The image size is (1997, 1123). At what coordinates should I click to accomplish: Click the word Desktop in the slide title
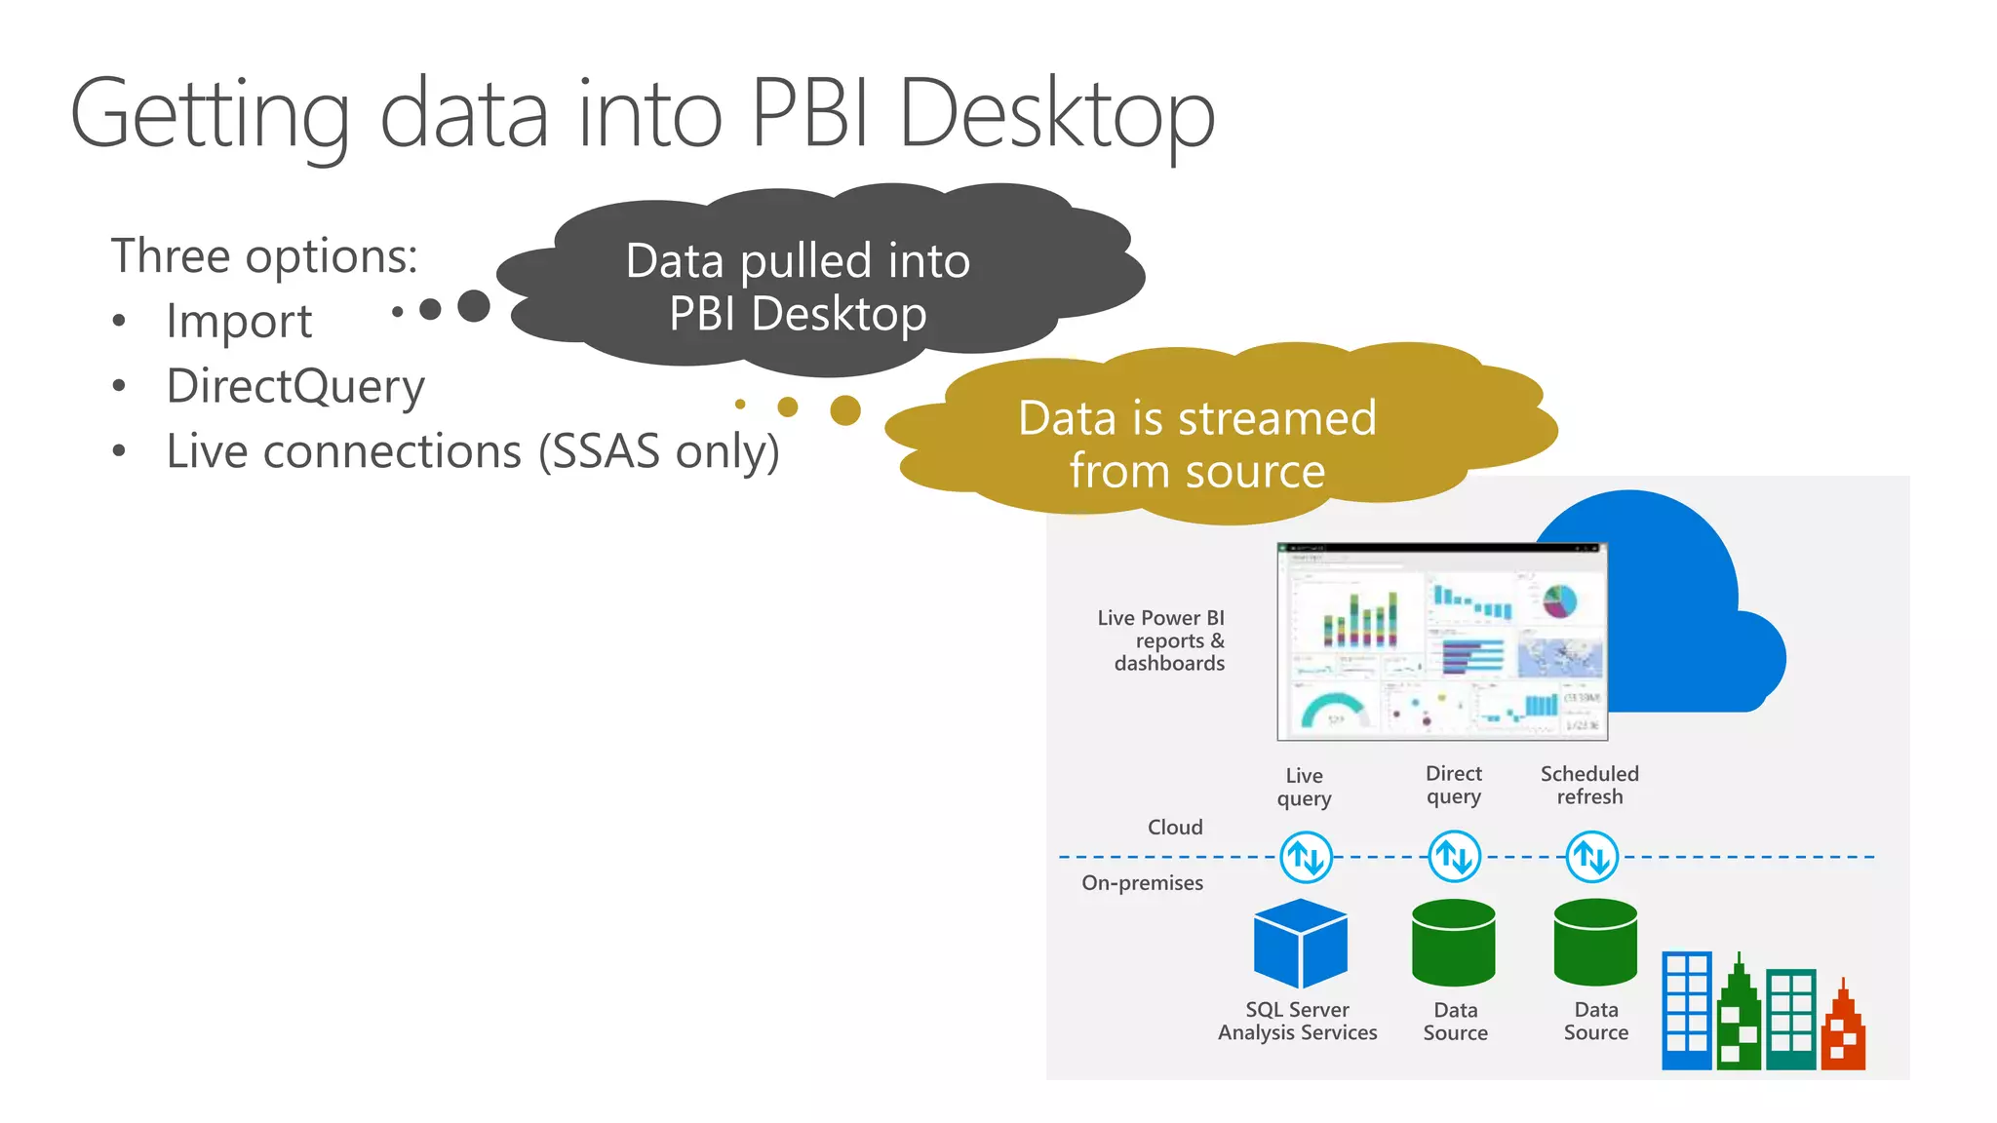coord(1056,115)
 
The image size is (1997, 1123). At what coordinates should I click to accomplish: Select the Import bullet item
coord(239,321)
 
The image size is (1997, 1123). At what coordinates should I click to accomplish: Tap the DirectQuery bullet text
coord(295,386)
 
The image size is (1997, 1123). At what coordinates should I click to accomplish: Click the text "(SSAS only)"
coord(659,451)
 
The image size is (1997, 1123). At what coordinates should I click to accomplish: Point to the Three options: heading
coord(263,256)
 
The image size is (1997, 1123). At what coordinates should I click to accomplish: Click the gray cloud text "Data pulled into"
coord(798,261)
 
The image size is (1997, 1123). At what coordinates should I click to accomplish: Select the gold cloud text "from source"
coord(1196,472)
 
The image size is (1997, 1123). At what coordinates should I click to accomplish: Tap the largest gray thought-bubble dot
coord(474,306)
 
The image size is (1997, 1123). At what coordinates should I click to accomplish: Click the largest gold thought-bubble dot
coord(845,410)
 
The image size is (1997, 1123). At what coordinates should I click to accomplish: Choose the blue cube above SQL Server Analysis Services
coord(1301,943)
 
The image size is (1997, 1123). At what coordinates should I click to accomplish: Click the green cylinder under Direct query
coord(1453,943)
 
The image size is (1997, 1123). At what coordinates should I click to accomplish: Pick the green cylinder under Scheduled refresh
coord(1595,943)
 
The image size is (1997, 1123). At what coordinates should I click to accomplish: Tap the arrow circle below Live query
coord(1306,857)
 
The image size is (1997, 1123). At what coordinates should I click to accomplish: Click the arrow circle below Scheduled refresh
coord(1592,857)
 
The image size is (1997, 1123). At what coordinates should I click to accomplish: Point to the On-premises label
coord(1142,883)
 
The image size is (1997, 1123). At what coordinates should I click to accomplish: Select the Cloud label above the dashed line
coord(1175,828)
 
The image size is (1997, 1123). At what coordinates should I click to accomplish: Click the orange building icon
coord(1843,1031)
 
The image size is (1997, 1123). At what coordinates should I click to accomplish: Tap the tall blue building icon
coord(1687,1011)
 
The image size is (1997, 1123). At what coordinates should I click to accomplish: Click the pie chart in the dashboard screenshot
coord(1560,600)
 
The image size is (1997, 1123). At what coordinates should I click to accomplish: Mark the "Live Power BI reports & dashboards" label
coord(1162,640)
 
